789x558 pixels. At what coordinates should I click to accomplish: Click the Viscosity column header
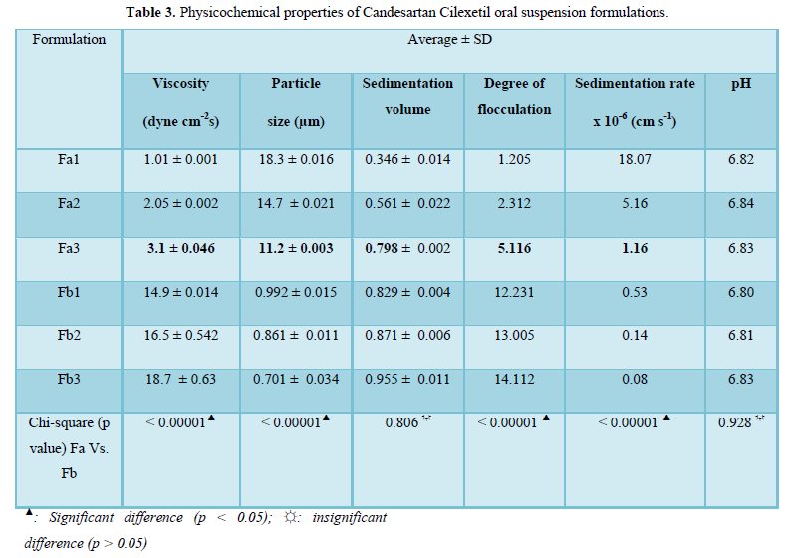pyautogui.click(x=181, y=102)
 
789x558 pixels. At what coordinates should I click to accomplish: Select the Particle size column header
pyautogui.click(x=296, y=102)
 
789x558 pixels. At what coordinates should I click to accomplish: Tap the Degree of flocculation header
pyautogui.click(x=515, y=96)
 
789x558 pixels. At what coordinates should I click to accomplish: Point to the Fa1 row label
pyautogui.click(x=68, y=159)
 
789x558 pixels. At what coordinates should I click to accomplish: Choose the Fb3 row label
pyautogui.click(x=68, y=379)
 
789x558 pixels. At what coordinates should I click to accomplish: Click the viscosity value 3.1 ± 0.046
pyautogui.click(x=181, y=247)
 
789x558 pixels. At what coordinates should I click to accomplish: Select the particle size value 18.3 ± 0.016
pyautogui.click(x=296, y=159)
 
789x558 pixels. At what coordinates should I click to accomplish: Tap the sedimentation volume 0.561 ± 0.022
pyautogui.click(x=407, y=203)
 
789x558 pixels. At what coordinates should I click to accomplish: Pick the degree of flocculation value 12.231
pyautogui.click(x=515, y=291)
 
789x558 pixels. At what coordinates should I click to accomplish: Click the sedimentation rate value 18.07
pyautogui.click(x=634, y=159)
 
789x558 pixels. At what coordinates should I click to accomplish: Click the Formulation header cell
pyautogui.click(x=68, y=40)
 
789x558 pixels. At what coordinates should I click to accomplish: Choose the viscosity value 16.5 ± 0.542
pyautogui.click(x=181, y=335)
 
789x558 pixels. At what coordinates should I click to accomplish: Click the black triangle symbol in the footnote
pyautogui.click(x=30, y=514)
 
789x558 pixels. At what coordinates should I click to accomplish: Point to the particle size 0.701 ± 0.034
pyautogui.click(x=296, y=379)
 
